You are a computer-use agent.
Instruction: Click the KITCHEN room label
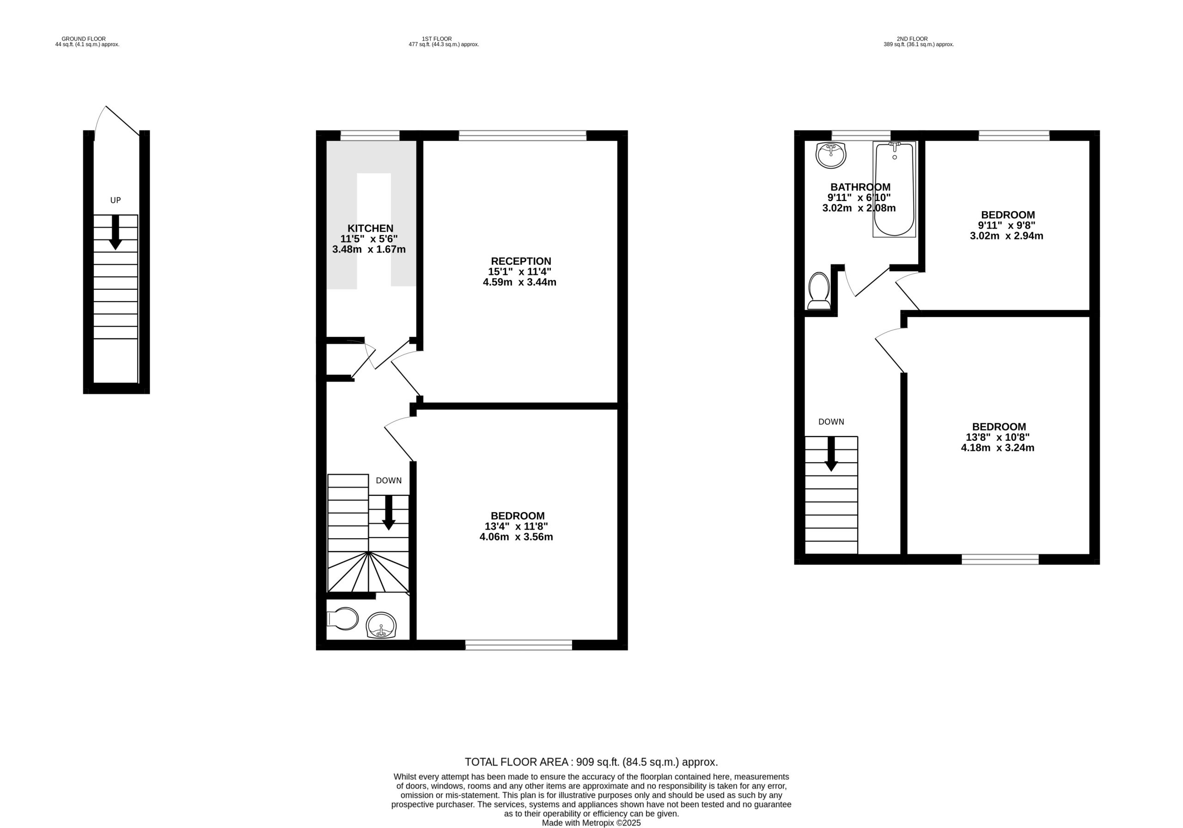(370, 228)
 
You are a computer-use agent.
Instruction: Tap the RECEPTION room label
(520, 261)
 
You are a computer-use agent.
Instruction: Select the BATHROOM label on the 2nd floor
(860, 187)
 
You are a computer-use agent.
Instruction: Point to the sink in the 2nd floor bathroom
(830, 155)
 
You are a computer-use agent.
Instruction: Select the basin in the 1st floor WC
(381, 626)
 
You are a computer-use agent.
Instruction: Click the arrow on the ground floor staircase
(116, 232)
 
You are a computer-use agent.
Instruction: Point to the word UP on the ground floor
(116, 201)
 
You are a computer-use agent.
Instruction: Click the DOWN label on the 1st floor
(389, 481)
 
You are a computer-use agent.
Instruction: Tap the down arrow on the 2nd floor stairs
(831, 454)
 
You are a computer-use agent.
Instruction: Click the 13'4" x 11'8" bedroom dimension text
(516, 526)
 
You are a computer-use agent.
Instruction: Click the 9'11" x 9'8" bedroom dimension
(1006, 225)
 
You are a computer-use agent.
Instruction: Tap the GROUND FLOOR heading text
(84, 39)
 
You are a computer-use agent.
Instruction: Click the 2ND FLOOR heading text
(912, 39)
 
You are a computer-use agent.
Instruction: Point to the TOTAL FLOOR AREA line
(591, 762)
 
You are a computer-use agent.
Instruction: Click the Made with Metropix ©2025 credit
(591, 823)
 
